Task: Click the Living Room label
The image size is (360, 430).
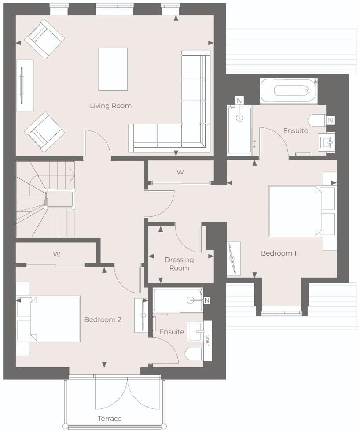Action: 110,106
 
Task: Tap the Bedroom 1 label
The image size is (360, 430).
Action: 279,253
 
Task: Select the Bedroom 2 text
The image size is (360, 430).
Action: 103,319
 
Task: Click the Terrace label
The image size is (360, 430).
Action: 110,418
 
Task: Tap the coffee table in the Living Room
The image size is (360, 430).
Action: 113,69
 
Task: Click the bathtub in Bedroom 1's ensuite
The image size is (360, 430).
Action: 288,91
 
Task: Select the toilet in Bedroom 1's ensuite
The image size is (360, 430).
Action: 315,120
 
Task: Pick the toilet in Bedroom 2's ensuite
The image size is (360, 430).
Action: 194,354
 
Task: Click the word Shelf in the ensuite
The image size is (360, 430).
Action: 208,340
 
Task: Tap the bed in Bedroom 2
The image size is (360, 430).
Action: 53,319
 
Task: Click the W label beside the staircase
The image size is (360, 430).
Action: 56,254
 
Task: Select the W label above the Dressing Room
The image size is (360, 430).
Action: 180,172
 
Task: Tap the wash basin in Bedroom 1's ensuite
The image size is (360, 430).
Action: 326,141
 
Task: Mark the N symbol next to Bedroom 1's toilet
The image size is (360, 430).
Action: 331,119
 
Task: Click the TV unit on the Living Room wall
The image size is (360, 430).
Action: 25,85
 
